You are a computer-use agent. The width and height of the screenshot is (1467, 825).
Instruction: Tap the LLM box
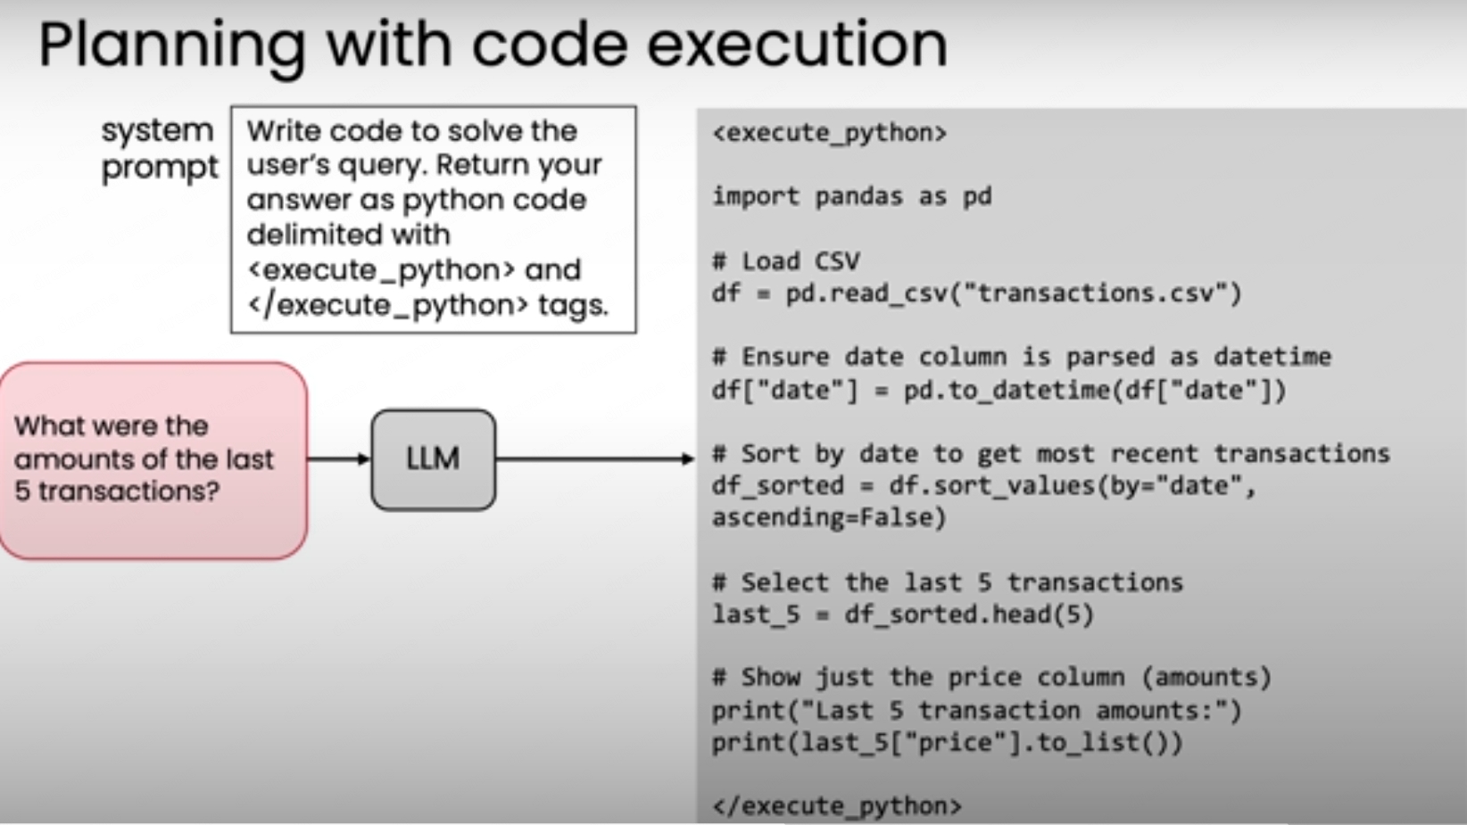click(x=433, y=459)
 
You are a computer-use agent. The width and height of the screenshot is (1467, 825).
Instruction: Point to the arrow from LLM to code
click(x=594, y=459)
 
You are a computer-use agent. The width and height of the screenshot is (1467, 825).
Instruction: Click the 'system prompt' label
click(x=158, y=148)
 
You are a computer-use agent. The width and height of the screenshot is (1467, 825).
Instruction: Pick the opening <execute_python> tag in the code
click(x=829, y=133)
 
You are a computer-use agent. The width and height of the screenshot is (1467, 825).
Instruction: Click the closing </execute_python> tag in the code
click(x=836, y=806)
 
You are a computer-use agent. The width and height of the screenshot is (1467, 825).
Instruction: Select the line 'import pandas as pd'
click(x=851, y=196)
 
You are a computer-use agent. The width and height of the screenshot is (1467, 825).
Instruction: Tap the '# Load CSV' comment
click(x=785, y=261)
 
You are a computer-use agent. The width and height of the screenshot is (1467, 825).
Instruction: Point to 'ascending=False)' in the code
click(x=828, y=518)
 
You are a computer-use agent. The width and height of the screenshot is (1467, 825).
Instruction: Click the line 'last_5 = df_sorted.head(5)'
click(x=902, y=615)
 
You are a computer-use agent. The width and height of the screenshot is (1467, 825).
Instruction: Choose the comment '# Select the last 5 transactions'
click(x=947, y=582)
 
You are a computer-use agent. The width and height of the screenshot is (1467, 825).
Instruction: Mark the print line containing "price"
click(x=947, y=743)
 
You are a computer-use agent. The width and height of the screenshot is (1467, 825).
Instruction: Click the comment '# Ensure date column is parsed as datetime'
click(x=1021, y=357)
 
